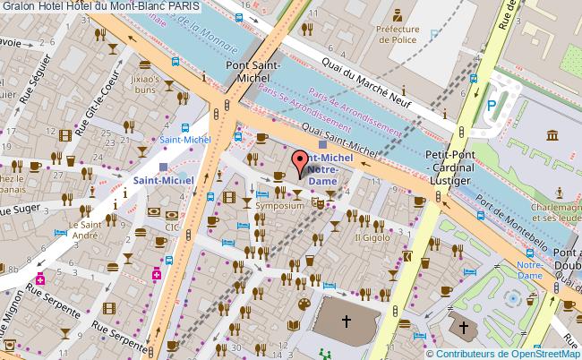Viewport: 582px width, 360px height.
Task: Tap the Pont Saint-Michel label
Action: coord(253,73)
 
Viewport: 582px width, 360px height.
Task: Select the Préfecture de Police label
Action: coord(398,34)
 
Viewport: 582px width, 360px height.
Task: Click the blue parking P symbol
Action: coord(491,106)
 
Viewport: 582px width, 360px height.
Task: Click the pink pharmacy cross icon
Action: coord(156,275)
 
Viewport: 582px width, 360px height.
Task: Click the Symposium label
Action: coord(273,205)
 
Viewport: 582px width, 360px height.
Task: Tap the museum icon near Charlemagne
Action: coord(549,134)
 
